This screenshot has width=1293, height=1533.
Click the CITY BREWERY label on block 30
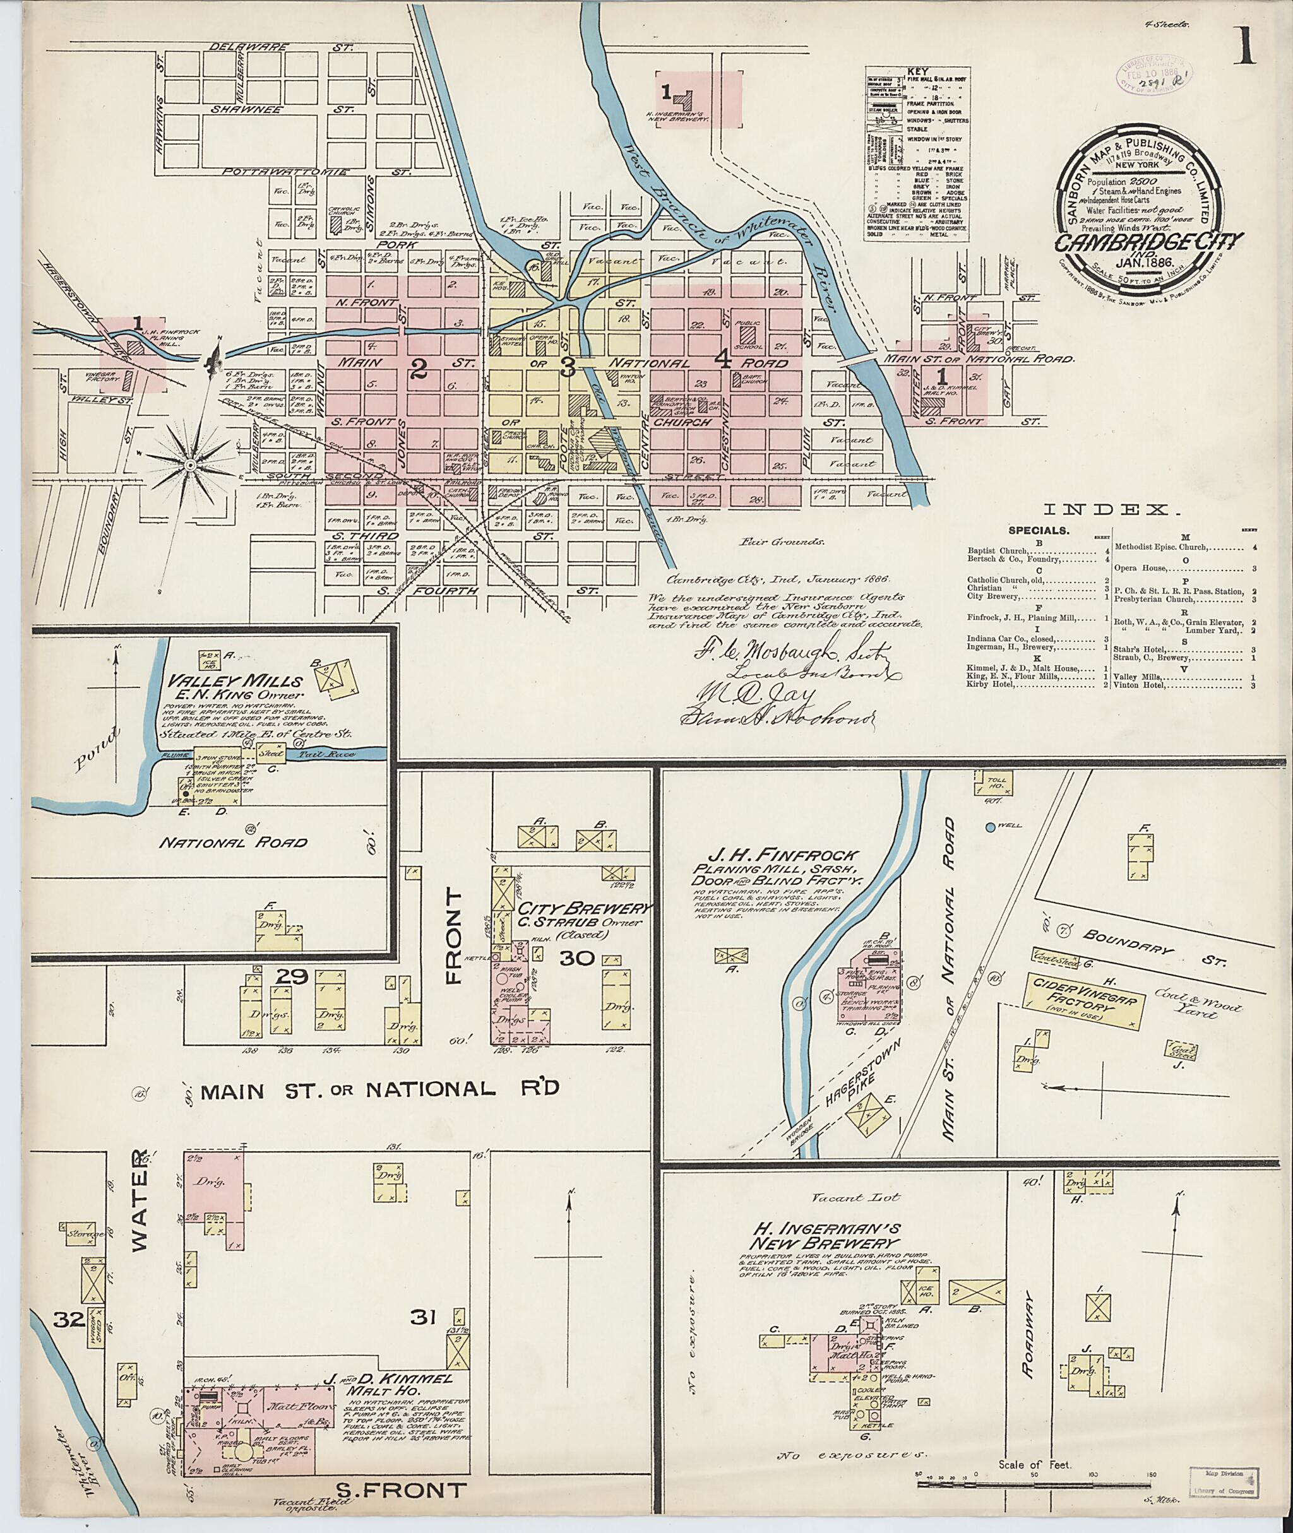584,908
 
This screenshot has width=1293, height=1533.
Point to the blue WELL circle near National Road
991,827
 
